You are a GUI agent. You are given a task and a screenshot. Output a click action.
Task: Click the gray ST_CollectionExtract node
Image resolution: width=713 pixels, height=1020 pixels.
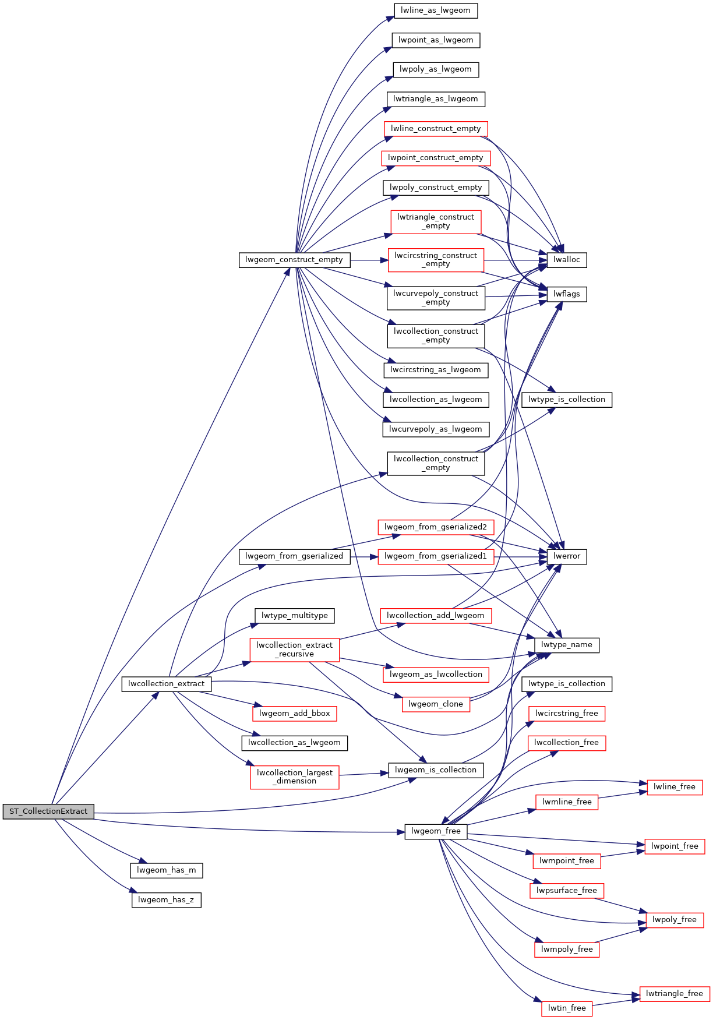tap(48, 811)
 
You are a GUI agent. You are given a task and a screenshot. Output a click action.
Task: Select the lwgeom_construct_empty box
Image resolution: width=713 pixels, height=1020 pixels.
tap(294, 260)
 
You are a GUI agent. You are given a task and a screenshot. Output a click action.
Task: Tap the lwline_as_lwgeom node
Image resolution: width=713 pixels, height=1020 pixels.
tap(436, 10)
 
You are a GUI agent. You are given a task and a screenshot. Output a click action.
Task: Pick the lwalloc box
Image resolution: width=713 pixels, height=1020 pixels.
tap(567, 260)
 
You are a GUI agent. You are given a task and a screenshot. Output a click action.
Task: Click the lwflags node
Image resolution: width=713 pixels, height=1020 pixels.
tap(567, 294)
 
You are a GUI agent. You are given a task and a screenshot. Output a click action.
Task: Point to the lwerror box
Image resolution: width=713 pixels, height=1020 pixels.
tap(567, 556)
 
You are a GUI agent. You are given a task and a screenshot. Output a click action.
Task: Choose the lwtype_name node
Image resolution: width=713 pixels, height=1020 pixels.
tap(567, 645)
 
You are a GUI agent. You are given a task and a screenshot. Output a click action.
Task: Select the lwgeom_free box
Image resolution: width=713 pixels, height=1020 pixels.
tap(436, 831)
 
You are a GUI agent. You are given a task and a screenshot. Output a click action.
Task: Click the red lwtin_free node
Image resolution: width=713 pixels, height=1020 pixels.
tap(567, 1008)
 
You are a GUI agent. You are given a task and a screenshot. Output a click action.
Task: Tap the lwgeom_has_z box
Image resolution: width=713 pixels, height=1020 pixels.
tap(166, 900)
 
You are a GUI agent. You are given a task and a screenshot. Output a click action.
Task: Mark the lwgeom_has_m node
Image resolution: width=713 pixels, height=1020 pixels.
tap(166, 870)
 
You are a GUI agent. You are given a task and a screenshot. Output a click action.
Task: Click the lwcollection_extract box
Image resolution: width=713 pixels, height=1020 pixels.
tap(166, 684)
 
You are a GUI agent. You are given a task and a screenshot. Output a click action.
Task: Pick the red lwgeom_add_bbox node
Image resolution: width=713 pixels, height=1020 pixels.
tap(294, 714)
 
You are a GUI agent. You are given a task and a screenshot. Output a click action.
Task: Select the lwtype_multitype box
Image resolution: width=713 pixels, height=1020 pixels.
tap(294, 616)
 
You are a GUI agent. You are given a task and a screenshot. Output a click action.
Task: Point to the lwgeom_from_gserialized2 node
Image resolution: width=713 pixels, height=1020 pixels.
tap(436, 527)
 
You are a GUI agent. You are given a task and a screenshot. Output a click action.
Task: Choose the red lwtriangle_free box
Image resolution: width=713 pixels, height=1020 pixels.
tap(675, 994)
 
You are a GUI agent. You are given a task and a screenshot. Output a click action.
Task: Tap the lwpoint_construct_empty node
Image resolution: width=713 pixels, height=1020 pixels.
tap(436, 158)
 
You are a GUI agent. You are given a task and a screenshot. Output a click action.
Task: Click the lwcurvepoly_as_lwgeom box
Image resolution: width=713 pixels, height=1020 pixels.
tap(436, 429)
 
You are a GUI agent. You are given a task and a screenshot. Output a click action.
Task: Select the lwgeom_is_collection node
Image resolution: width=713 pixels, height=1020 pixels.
tap(436, 770)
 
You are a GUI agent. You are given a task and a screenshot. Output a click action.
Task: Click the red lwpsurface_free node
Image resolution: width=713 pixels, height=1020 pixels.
tap(567, 891)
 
